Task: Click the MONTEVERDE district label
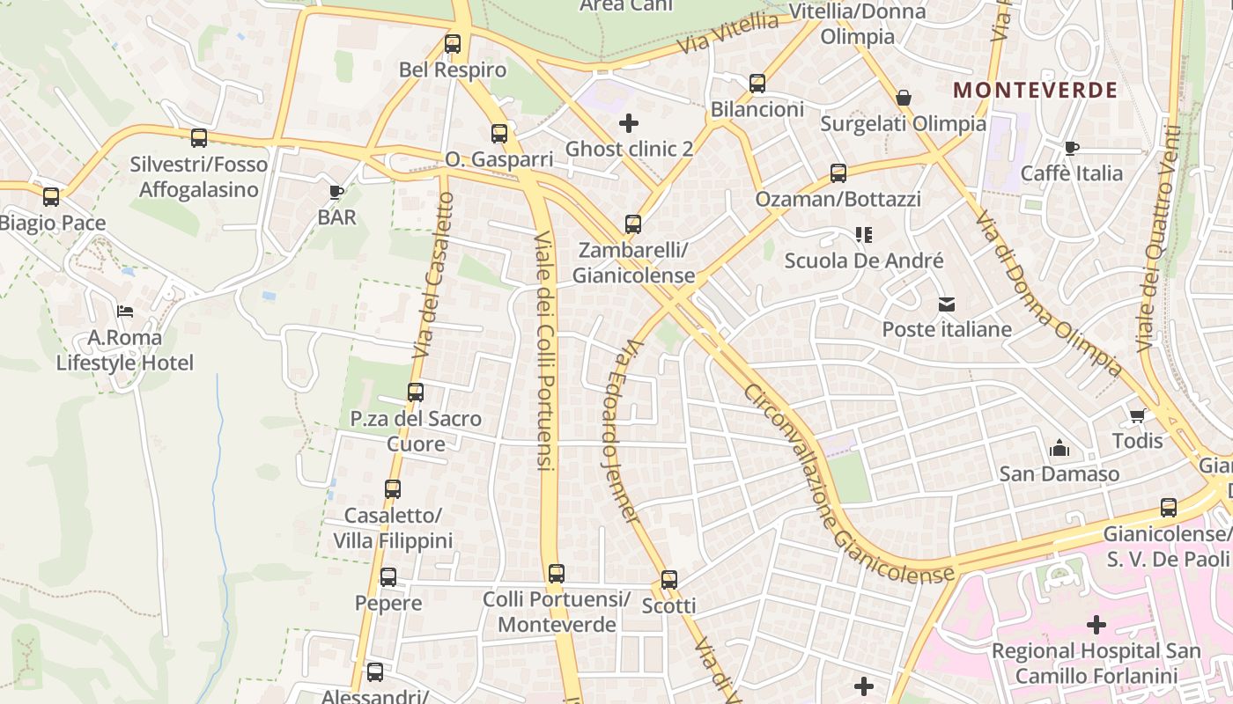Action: (x=1035, y=90)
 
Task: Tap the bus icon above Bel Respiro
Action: (x=453, y=43)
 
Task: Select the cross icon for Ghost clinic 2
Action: (x=629, y=122)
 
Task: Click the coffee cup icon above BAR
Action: (x=336, y=191)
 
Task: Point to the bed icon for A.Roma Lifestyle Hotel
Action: (x=125, y=312)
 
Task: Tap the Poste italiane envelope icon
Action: (x=947, y=304)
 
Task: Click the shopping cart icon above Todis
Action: (x=1137, y=415)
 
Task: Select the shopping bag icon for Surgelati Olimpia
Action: (x=903, y=98)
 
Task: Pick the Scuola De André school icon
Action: (x=863, y=235)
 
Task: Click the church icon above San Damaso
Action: (x=1059, y=449)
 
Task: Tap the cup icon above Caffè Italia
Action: (x=1071, y=148)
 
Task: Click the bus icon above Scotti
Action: (x=669, y=580)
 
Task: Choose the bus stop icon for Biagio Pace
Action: (x=51, y=197)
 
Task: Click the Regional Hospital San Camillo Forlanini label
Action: (x=1096, y=664)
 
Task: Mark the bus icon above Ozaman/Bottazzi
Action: (x=838, y=173)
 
